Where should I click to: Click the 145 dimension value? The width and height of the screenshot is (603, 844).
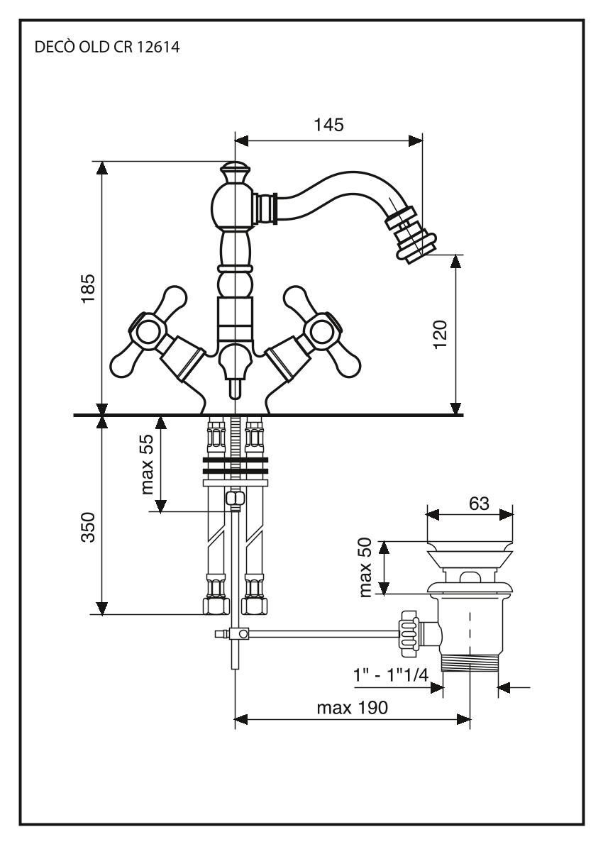328,125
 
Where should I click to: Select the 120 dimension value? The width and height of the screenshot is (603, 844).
440,333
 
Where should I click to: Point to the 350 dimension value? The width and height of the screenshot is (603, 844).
87,525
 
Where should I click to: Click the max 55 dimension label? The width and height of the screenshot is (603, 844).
147,465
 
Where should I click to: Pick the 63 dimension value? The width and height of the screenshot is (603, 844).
479,503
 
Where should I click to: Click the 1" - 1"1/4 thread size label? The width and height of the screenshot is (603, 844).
391,674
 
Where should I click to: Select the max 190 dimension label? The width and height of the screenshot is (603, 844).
352,708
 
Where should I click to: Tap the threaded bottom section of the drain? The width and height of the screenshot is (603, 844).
470,664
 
